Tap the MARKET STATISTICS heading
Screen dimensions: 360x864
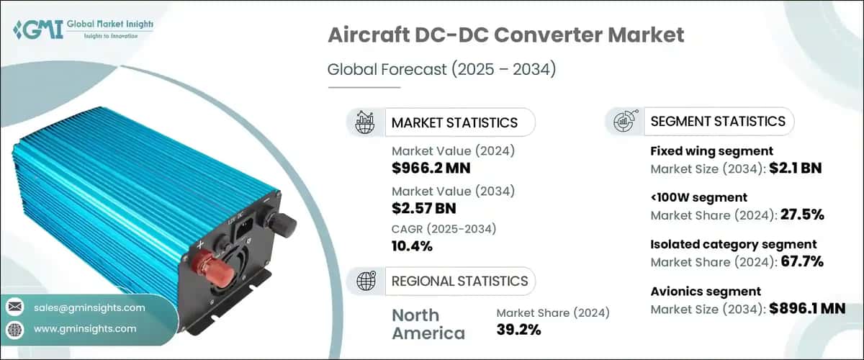(454, 122)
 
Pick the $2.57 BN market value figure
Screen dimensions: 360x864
(424, 209)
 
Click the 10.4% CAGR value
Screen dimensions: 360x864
(413, 246)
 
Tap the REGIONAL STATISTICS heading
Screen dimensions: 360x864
(459, 281)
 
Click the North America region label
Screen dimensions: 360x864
(428, 325)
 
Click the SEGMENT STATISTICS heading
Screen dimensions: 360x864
(718, 121)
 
